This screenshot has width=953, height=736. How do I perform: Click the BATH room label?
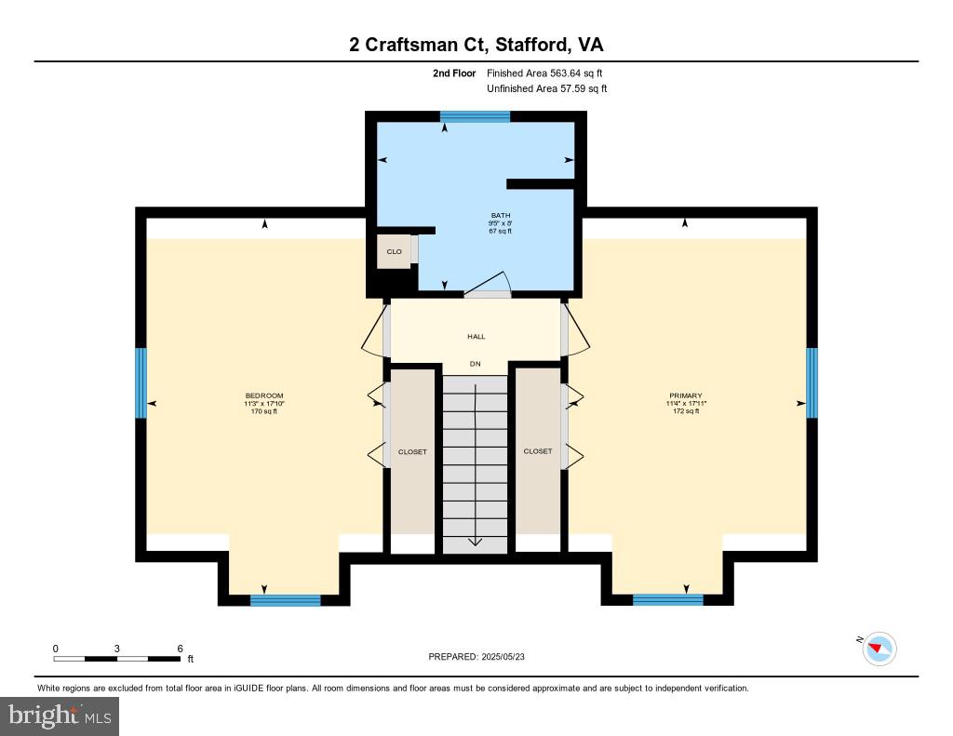pos(501,216)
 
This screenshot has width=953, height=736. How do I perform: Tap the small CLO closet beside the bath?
pos(395,251)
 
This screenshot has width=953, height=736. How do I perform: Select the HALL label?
pos(476,337)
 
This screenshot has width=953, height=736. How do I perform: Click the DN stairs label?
pos(475,364)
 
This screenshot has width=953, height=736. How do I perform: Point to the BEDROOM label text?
pos(264,395)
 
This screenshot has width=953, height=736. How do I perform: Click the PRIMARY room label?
pos(686,395)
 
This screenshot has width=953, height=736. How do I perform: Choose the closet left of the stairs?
pos(412,451)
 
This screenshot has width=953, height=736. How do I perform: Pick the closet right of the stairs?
pos(538,451)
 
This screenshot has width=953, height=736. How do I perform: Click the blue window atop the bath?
pos(475,116)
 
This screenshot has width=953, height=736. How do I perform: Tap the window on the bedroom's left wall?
pos(141,382)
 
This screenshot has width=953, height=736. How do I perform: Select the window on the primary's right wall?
pos(812,382)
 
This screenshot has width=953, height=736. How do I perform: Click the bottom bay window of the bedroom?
pos(286,600)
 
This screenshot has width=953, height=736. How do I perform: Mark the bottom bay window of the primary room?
pos(667,600)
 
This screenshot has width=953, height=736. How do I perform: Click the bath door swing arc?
pos(490,282)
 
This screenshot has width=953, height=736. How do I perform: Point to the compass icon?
pos(879,648)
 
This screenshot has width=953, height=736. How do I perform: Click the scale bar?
pos(117,659)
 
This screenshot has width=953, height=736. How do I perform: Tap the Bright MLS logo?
pos(60,716)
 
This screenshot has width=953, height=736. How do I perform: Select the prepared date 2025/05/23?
pos(482,657)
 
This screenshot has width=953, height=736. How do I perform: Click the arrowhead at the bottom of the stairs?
pos(476,542)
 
